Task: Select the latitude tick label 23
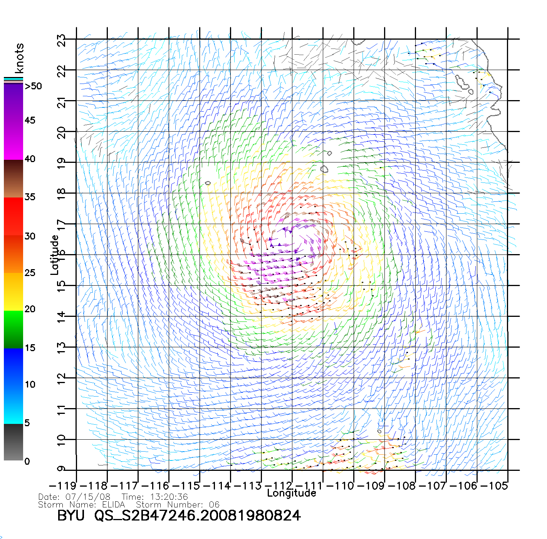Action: pyautogui.click(x=62, y=40)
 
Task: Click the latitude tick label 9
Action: pyautogui.click(x=62, y=469)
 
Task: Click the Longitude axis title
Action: pyautogui.click(x=292, y=493)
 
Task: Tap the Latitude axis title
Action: pyautogui.click(x=55, y=255)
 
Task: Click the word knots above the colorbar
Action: pyautogui.click(x=19, y=58)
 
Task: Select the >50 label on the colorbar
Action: pyautogui.click(x=33, y=86)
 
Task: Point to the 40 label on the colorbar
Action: pyautogui.click(x=30, y=159)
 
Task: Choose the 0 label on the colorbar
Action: pyautogui.click(x=27, y=461)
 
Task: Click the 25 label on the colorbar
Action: pyautogui.click(x=30, y=273)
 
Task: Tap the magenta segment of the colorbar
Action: pyautogui.click(x=13, y=139)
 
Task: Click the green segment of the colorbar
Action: pyautogui.click(x=13, y=329)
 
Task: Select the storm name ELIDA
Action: pyautogui.click(x=114, y=504)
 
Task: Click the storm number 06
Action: pyautogui.click(x=212, y=504)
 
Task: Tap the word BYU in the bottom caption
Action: pyautogui.click(x=70, y=516)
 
